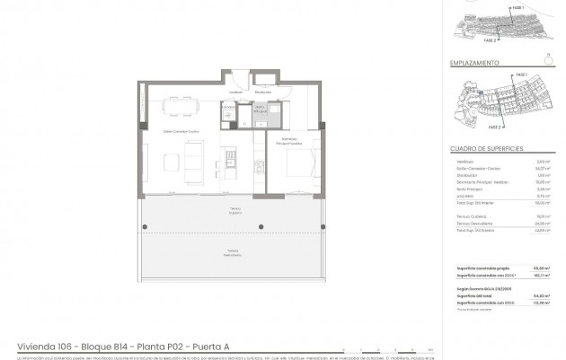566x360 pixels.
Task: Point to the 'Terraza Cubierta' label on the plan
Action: click(232, 212)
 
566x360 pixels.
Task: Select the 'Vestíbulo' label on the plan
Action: click(236, 92)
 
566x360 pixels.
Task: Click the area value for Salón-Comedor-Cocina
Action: click(542, 168)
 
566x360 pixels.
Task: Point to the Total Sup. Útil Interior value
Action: click(542, 203)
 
